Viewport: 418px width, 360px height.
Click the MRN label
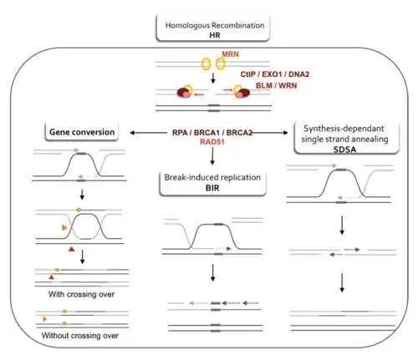[230, 54]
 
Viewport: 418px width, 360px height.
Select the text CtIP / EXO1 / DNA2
[275, 74]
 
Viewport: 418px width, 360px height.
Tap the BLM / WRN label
[276, 85]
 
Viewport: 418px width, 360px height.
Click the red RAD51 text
[212, 142]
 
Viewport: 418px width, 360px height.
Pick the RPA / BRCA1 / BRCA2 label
[212, 133]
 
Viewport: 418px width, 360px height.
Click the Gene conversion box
[82, 132]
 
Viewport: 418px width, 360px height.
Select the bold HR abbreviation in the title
[215, 35]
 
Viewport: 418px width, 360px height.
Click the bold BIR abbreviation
[212, 188]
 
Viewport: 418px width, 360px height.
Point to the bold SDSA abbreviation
[344, 150]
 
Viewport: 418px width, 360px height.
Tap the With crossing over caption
[81, 294]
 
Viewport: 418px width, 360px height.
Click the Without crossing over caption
[80, 336]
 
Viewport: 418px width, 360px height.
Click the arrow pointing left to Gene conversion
[148, 133]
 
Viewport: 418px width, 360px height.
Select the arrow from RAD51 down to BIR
[212, 156]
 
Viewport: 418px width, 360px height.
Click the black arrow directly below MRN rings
[213, 78]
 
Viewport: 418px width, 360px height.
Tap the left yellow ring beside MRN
[206, 64]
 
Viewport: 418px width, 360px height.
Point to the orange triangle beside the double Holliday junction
[64, 228]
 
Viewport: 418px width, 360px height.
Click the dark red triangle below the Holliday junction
[72, 249]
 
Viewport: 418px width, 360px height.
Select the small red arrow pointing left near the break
[199, 95]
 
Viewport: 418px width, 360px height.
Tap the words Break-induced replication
[212, 177]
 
